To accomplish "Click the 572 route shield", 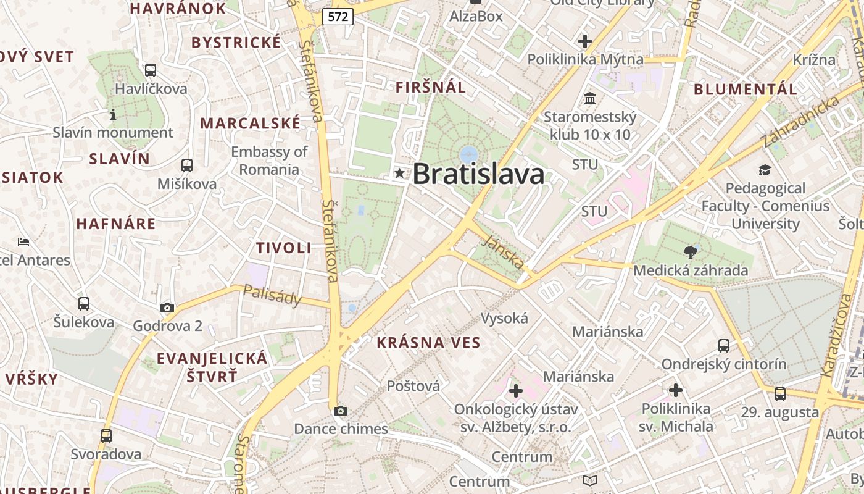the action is tap(338, 17).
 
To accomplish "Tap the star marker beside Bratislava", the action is tap(400, 174).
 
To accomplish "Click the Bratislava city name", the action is tap(478, 174).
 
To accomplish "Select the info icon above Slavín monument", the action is tap(113, 114).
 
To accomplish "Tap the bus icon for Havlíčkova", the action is tap(151, 70).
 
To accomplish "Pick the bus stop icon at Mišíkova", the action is tap(187, 165).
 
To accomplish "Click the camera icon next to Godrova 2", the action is tap(167, 308).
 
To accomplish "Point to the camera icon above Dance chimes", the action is tap(340, 411).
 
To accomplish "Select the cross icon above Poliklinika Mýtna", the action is tap(585, 41).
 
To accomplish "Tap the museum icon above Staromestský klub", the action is tap(590, 98).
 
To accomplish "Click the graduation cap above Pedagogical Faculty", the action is tap(765, 170).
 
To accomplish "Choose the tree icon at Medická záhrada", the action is tap(691, 252).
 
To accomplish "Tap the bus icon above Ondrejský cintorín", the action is tap(724, 346).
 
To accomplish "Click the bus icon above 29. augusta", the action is tap(780, 394).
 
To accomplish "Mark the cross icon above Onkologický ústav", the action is tap(516, 391).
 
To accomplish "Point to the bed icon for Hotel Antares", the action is tap(23, 242).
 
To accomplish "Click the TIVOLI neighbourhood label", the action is tap(284, 248).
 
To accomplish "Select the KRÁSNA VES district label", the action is tap(428, 343).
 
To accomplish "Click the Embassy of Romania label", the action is tap(269, 161).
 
